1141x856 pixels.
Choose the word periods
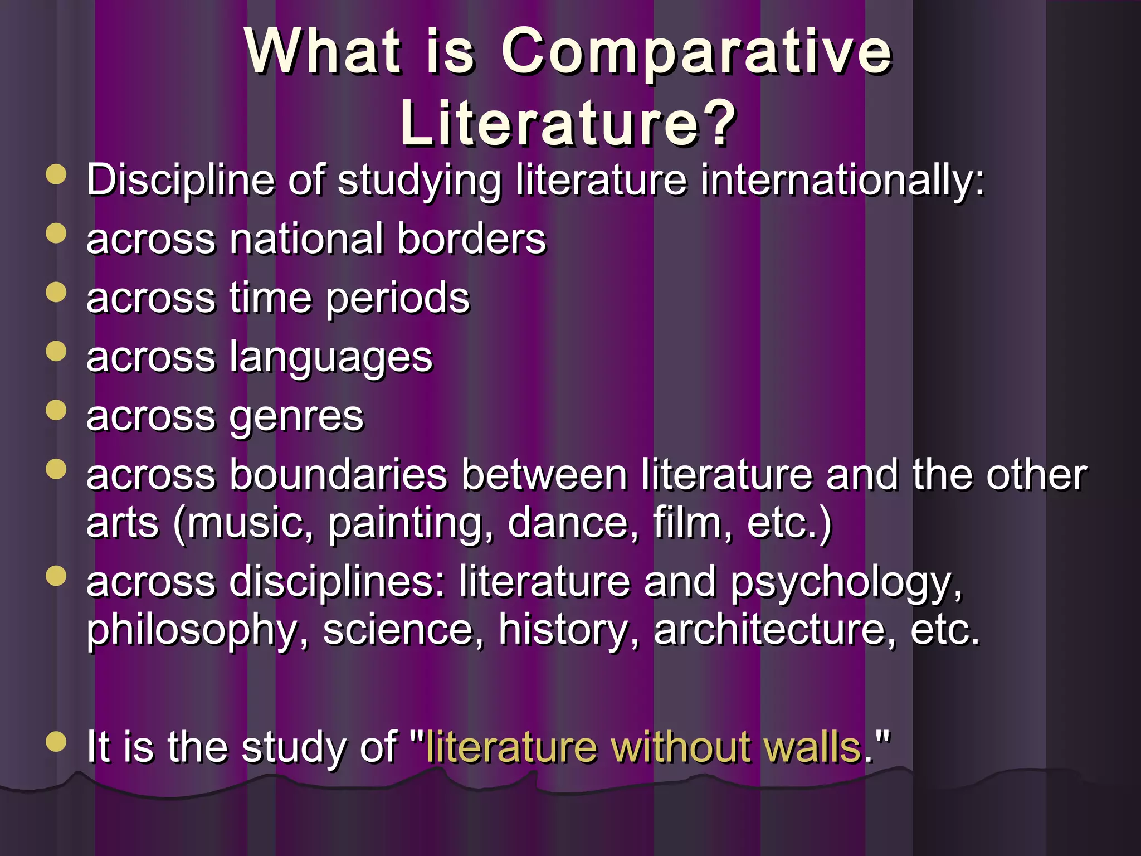398,299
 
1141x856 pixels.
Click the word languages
331,358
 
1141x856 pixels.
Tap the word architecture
774,630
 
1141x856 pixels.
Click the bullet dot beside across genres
56,411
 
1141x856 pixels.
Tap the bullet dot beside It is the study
56,742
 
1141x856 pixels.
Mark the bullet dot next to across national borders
56,233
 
